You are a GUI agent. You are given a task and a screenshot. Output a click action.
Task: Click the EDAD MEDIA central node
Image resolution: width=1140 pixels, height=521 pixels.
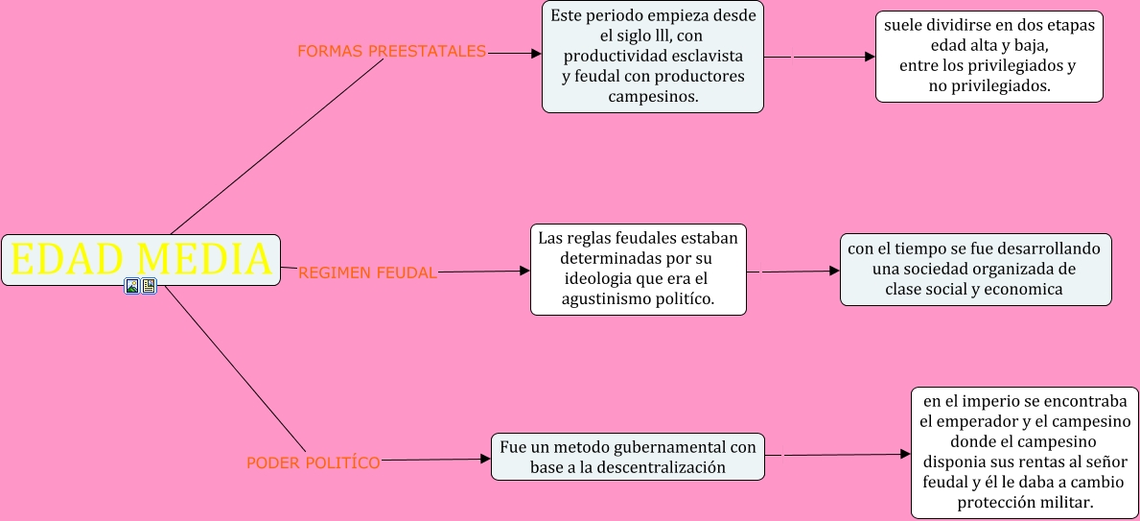tap(141, 259)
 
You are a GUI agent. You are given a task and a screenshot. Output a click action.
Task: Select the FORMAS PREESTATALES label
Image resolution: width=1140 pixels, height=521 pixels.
tap(391, 52)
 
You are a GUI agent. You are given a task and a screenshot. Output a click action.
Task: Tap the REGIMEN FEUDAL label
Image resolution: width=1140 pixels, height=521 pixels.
tap(367, 272)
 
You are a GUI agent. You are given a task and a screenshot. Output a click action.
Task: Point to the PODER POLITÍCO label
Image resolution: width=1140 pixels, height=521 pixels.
tap(314, 462)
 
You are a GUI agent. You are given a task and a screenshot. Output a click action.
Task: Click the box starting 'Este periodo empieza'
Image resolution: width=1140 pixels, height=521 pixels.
tap(652, 58)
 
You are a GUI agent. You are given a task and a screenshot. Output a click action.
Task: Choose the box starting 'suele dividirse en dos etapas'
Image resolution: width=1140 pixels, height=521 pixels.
tap(989, 56)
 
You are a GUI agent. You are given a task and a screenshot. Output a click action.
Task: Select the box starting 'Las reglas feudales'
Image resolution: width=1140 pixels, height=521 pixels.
tap(638, 270)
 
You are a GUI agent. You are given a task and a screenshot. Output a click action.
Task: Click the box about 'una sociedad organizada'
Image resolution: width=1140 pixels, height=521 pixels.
tap(975, 270)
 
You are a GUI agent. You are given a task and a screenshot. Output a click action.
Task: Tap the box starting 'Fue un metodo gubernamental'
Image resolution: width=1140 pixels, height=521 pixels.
tap(627, 457)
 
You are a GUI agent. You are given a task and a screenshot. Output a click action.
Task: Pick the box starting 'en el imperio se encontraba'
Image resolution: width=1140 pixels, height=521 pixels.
tap(1025, 452)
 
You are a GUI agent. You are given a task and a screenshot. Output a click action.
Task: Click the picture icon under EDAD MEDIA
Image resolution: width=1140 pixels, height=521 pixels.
tap(132, 286)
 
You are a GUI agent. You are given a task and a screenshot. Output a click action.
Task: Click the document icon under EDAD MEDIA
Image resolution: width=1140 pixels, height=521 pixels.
tap(149, 286)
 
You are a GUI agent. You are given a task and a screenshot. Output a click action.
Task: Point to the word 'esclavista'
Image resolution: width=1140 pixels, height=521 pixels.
tap(704, 56)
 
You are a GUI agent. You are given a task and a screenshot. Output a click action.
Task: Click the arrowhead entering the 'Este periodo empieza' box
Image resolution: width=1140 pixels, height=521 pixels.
tap(536, 54)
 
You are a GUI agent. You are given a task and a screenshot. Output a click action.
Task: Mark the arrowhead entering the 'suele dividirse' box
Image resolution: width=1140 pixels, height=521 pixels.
tap(870, 57)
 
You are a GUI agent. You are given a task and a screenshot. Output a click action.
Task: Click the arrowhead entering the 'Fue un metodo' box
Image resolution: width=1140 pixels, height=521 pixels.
tap(485, 460)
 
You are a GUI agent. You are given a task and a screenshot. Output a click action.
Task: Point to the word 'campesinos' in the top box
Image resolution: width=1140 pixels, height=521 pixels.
tap(652, 97)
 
